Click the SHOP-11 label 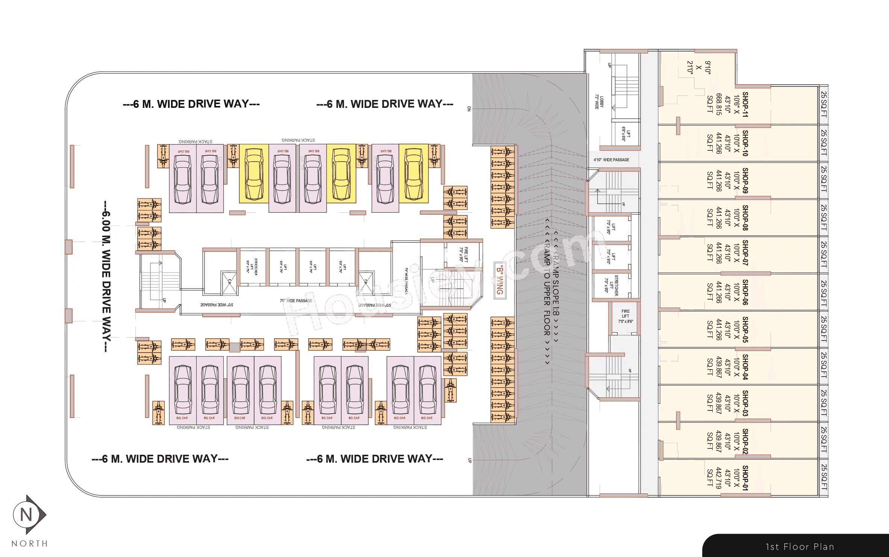(745, 104)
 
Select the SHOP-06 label (745, 292)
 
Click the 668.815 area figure (718, 104)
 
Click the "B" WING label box (500, 280)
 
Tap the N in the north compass (26, 515)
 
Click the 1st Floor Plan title (800, 547)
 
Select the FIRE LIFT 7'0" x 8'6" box (625, 316)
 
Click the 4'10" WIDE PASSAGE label (611, 160)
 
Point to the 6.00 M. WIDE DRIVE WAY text (106, 276)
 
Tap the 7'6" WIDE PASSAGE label (296, 301)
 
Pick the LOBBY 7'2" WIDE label (599, 102)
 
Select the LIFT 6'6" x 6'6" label (625, 134)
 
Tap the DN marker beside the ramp (469, 109)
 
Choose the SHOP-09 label (745, 180)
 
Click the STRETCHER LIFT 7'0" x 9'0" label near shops (611, 286)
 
